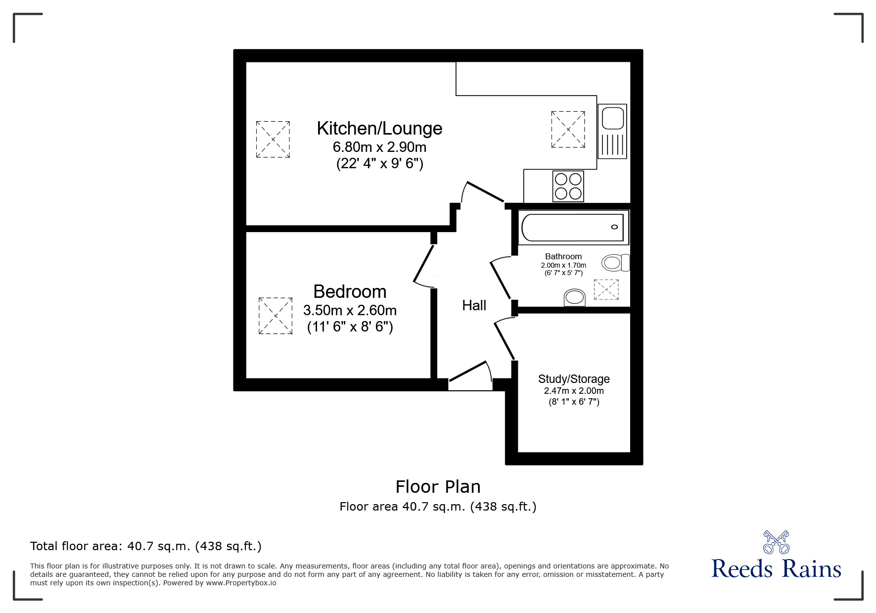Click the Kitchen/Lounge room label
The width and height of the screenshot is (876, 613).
379,129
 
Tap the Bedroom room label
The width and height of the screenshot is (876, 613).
350,291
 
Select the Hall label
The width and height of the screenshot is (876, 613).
474,306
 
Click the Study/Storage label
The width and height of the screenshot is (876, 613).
574,379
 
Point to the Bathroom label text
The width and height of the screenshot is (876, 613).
563,256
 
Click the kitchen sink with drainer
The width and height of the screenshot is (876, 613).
612,131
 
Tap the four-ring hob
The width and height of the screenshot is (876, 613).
568,186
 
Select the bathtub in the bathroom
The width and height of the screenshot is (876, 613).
572,228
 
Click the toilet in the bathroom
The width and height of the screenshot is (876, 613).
615,262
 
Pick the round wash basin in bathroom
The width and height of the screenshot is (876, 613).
574,297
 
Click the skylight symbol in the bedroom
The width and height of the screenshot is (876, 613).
276,315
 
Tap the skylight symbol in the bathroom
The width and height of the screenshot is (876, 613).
606,289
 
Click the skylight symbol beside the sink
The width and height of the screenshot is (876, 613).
568,129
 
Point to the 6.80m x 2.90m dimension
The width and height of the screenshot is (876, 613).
379,147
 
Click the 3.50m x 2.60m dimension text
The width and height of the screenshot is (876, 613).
350,311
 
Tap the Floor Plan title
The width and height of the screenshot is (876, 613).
438,487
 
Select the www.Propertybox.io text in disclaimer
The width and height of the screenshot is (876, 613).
241,583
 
